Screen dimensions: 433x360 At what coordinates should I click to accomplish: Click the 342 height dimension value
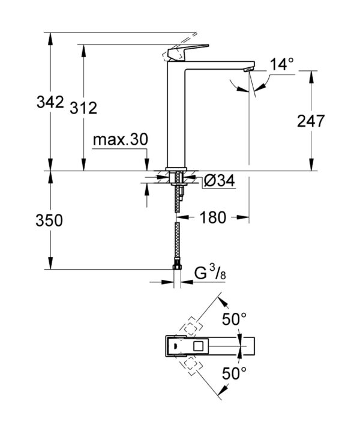point(50,102)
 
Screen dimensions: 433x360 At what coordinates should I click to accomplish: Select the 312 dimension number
point(83,108)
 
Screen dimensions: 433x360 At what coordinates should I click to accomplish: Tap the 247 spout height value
point(310,121)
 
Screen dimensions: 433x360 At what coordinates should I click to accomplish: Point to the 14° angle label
point(281,63)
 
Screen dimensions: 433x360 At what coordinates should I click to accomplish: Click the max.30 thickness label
point(120,140)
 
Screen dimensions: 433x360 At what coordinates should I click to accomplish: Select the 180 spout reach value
point(214,218)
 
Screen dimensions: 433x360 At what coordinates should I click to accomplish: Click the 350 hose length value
point(50,220)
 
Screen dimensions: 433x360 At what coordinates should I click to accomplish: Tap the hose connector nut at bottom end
point(177,267)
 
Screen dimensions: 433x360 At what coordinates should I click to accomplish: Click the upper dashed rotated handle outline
point(191,326)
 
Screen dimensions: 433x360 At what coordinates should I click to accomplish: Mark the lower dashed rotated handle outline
point(191,365)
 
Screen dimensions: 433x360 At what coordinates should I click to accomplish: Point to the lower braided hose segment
point(177,243)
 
